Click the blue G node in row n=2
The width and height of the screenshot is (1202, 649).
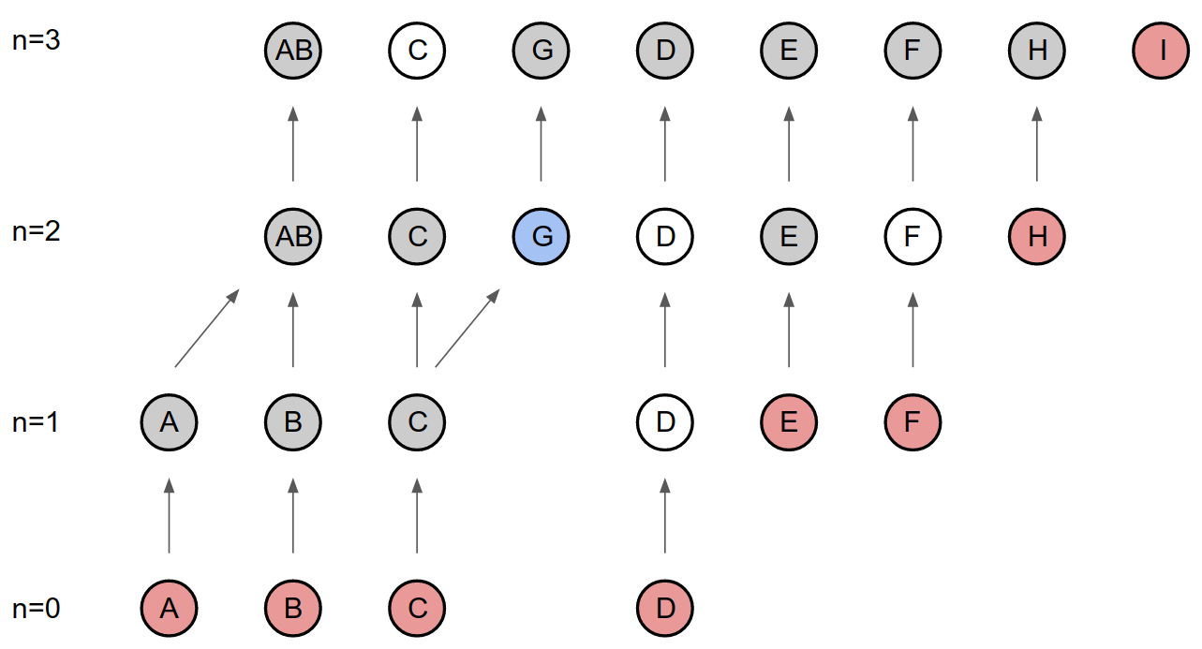tap(542, 236)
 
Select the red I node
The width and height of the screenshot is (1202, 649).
tap(1161, 50)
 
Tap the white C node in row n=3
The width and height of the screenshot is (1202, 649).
tap(417, 50)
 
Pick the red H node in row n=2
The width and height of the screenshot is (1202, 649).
tap(1036, 236)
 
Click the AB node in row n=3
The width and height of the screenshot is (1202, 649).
tap(293, 50)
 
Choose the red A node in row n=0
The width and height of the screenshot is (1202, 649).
tap(169, 609)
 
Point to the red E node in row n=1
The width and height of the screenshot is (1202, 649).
tap(788, 422)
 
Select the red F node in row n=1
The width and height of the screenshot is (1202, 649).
tap(913, 422)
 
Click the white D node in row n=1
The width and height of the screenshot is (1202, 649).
tap(664, 422)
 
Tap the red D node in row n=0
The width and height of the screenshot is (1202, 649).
tap(664, 609)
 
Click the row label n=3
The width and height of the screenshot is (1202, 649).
tap(37, 42)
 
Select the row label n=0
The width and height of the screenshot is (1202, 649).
tap(37, 609)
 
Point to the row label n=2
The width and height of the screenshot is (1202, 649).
tap(37, 231)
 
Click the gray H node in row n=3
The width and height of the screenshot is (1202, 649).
tap(1036, 50)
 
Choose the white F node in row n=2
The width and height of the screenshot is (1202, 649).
tap(913, 236)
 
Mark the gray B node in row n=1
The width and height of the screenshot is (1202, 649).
tap(293, 422)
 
